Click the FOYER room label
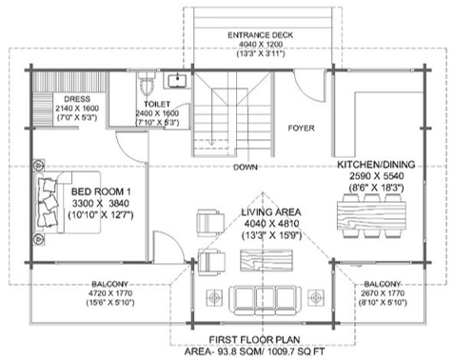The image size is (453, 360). (301, 129)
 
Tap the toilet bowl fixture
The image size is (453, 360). (147, 83)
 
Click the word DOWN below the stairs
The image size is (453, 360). (246, 167)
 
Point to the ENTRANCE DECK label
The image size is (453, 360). (261, 35)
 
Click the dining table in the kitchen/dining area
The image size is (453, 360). (371, 216)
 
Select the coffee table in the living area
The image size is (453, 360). (266, 260)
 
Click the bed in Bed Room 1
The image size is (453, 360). (69, 203)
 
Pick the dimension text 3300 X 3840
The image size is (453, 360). (101, 203)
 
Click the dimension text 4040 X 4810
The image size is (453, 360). (271, 224)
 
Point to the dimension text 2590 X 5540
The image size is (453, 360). (376, 176)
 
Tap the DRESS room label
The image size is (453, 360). (77, 99)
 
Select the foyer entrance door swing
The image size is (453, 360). (309, 86)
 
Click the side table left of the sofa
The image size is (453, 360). (214, 298)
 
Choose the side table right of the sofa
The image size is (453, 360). (316, 298)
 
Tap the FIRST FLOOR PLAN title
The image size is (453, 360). (254, 340)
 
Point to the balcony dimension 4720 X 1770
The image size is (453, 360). (110, 293)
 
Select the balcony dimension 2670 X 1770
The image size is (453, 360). (383, 293)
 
